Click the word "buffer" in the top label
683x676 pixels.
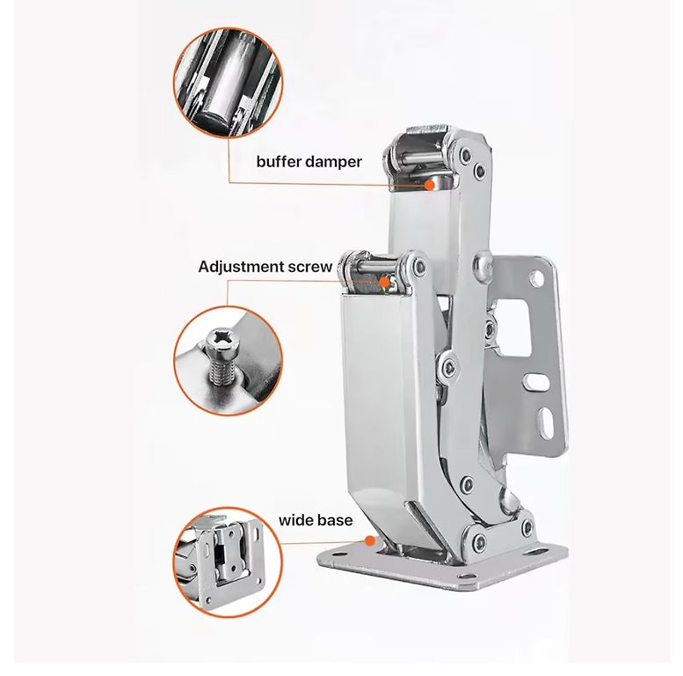coord(280,161)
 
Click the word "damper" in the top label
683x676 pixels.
coord(334,162)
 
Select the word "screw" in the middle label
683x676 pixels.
coord(310,267)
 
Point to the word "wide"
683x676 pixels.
coord(295,520)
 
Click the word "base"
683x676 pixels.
coord(335,520)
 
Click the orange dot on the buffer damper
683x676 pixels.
coord(430,185)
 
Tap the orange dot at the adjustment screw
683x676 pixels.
coord(384,282)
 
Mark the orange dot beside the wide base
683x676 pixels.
coord(370,541)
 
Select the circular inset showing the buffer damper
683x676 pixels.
coord(228,83)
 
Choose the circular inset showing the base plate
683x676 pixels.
coord(228,562)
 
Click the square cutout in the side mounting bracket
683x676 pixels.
coord(513,327)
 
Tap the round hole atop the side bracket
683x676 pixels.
coord(536,277)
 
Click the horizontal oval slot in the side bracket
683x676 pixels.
coord(535,382)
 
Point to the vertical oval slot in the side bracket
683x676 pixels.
coord(546,422)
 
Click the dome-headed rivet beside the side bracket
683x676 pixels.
coord(483,263)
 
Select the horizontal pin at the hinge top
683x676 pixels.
coord(420,157)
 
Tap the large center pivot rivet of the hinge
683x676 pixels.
coord(447,365)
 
